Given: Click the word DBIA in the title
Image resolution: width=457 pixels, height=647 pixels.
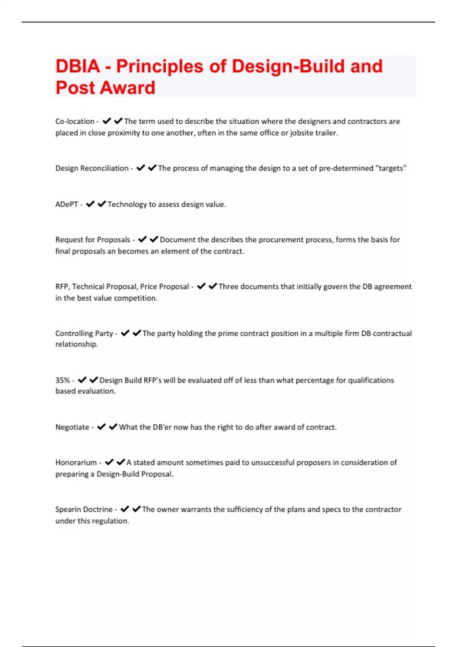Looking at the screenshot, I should coord(78,66).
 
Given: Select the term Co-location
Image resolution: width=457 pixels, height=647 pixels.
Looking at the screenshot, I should coord(75,121).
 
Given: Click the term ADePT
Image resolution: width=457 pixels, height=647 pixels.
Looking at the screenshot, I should coord(67,204).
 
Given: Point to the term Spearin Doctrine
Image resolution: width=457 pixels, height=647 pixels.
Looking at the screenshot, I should coord(84,509).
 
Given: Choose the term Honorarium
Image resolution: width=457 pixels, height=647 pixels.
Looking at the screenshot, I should coord(76,462).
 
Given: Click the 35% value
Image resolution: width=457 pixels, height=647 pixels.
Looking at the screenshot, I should coord(62,380).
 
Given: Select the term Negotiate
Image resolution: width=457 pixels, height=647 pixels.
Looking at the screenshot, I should coord(72,427).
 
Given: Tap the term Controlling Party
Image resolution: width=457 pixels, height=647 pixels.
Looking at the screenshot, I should coord(84,333).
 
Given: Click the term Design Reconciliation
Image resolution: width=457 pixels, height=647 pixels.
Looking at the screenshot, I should coord(92,168).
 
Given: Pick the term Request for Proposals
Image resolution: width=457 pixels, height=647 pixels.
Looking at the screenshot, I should coord(93,240).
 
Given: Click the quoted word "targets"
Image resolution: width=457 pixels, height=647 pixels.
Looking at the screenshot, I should coord(391,168).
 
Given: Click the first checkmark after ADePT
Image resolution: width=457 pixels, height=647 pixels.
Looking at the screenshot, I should coord(90,204).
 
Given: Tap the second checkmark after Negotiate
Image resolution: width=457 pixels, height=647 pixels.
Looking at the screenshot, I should coord(113,427).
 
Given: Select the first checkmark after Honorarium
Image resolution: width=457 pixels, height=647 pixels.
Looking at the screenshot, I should coord(109,462).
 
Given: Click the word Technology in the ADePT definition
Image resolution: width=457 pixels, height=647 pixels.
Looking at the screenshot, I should coord(127,204).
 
